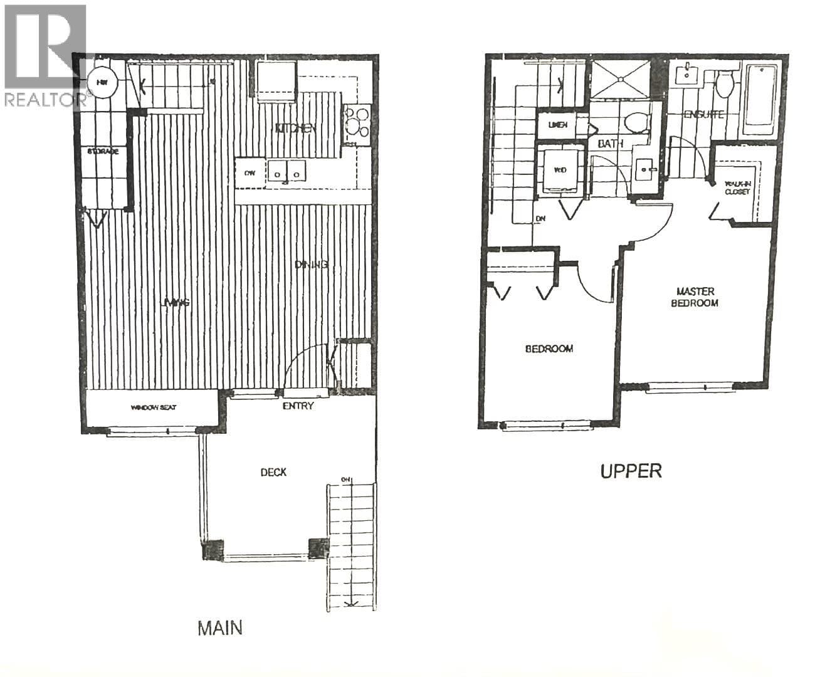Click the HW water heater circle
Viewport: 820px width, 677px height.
101,81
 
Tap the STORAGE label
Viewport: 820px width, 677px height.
103,152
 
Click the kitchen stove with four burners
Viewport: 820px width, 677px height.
357,123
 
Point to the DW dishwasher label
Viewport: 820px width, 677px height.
250,173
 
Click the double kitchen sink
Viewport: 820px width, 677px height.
286,172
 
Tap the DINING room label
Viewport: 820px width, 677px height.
312,265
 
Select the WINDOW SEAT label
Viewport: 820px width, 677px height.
154,407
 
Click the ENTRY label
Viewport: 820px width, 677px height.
298,406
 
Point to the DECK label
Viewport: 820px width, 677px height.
273,472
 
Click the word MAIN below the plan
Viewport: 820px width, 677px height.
219,627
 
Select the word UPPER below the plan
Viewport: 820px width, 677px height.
631,471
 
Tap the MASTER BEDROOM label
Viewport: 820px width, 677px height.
695,297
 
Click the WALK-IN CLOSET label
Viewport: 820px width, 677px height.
737,187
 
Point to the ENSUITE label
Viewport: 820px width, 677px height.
703,115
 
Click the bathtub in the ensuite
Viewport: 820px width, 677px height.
760,100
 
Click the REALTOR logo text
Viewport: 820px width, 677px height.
44,98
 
